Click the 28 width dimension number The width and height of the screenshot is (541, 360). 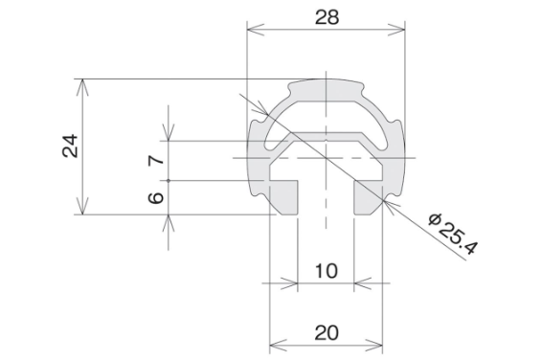click(327, 17)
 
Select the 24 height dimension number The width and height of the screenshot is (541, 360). click(71, 146)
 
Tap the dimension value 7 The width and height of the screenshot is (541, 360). click(156, 160)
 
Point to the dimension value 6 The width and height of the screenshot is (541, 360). click(156, 198)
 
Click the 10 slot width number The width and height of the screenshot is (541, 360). click(327, 271)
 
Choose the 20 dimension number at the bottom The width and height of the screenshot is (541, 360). click(327, 333)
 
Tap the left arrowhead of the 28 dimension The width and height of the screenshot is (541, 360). click(256, 30)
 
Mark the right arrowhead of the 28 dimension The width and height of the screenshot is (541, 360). click(396, 30)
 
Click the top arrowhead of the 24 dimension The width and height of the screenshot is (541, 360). click(82, 87)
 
